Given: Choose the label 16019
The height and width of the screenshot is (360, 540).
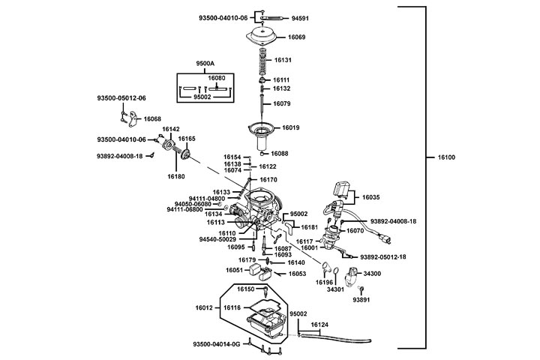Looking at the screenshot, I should click(x=291, y=128).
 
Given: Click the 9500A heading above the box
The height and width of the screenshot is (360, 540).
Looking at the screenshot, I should click(x=205, y=64).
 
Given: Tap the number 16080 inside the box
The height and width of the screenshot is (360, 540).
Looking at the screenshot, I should click(x=216, y=78).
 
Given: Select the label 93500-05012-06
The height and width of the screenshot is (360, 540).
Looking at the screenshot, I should click(x=121, y=98).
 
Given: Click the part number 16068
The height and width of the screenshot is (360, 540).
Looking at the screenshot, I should click(x=153, y=119).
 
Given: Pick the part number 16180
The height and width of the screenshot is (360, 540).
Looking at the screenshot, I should click(x=175, y=177).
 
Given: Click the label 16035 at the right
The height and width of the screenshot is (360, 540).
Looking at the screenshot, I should click(x=372, y=197).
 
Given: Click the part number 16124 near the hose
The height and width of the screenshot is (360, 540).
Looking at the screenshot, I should click(x=320, y=325).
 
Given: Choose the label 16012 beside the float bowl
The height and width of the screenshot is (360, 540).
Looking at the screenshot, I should click(x=205, y=308).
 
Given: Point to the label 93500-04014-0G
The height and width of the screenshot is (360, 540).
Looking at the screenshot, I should click(x=216, y=344).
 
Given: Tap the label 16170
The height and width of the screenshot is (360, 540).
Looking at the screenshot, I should click(x=268, y=180).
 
